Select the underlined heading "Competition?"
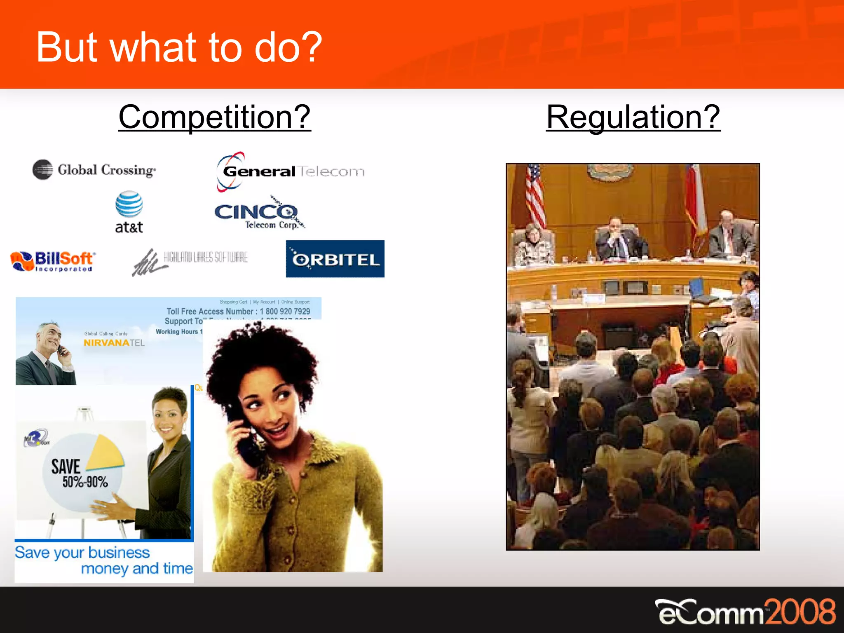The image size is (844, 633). tap(214, 117)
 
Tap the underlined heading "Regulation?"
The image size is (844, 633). tap(633, 117)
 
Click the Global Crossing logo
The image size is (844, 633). tap(94, 170)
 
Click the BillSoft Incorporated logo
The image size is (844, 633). tap(53, 261)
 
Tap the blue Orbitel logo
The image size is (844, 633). tap(335, 259)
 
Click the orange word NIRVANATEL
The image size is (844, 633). tap(114, 343)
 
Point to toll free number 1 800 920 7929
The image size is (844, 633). tap(285, 312)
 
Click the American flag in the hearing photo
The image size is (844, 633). tap(535, 194)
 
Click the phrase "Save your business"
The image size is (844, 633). tap(82, 553)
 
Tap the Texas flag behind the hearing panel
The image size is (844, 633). tap(695, 198)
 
